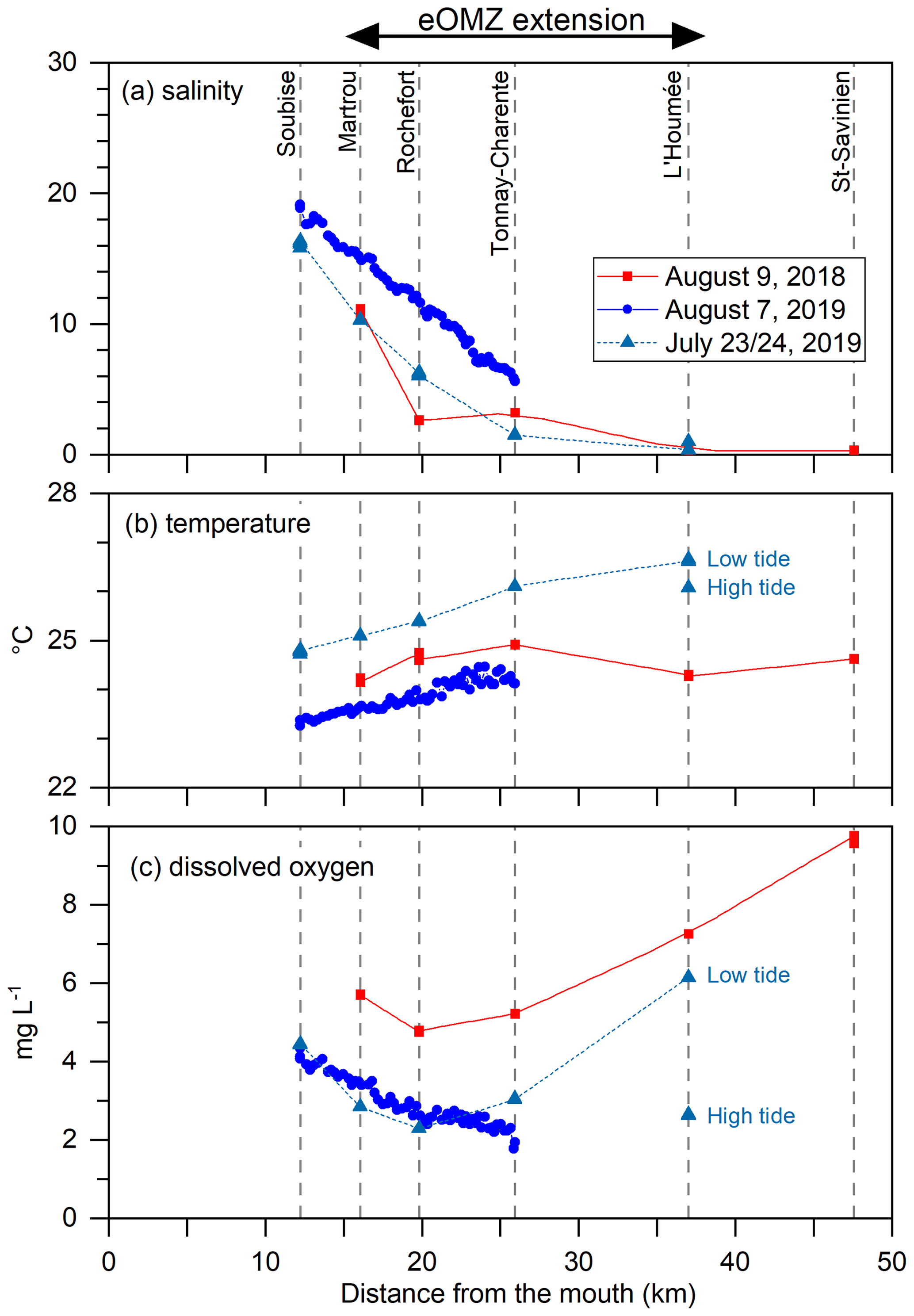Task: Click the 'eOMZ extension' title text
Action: [531, 21]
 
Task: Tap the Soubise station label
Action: [287, 113]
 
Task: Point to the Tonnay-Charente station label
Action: [501, 163]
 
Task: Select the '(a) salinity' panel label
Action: [182, 91]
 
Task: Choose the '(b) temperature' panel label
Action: [218, 524]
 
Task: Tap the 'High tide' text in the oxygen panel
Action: [751, 1116]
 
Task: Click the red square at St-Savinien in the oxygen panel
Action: [853, 840]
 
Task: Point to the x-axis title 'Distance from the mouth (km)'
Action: [518, 1293]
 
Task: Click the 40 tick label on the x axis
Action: [735, 1262]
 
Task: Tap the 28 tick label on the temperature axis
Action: [62, 493]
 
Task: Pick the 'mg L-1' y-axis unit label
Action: [23, 1022]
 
